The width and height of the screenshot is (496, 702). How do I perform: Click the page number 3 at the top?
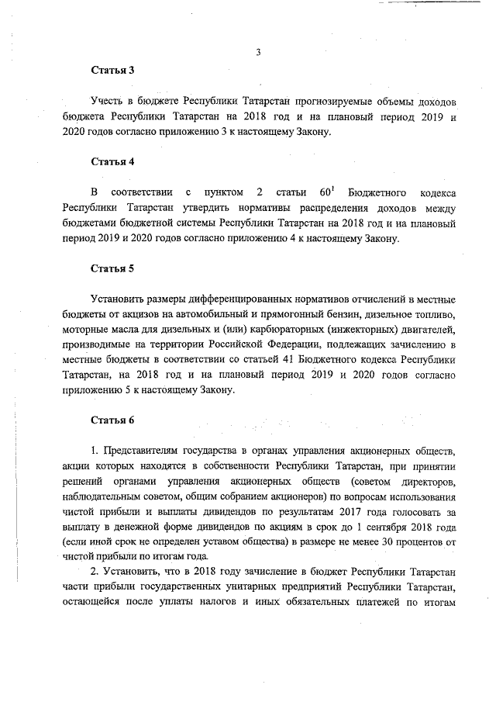pyautogui.click(x=257, y=53)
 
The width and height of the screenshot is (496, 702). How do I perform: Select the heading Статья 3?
pyautogui.click(x=113, y=70)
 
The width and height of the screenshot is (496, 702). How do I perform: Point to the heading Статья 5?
pyautogui.click(x=113, y=268)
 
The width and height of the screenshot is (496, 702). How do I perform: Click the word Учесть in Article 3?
pyautogui.click(x=109, y=102)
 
